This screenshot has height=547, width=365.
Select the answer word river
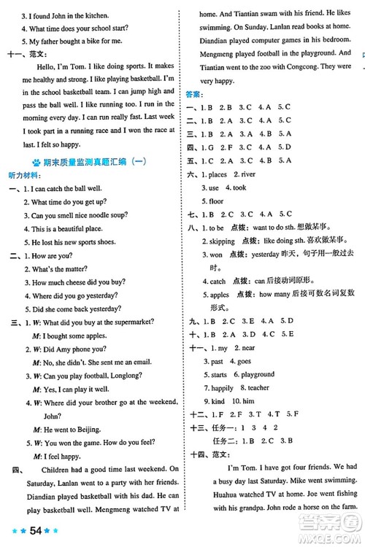click(x=251, y=174)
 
